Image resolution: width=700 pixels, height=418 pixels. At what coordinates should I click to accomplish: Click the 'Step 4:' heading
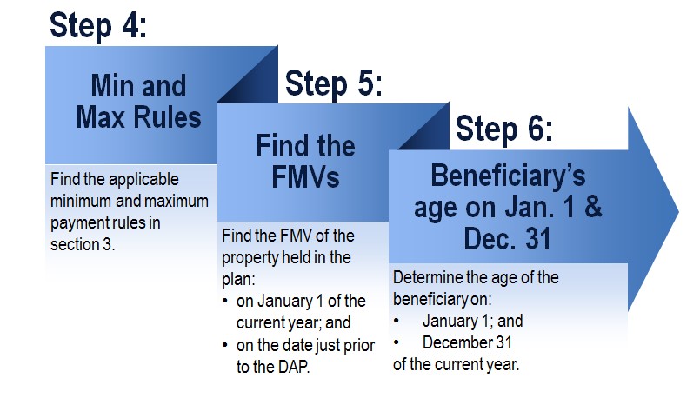tap(98, 26)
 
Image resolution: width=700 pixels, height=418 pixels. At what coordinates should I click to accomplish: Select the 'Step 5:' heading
tap(334, 83)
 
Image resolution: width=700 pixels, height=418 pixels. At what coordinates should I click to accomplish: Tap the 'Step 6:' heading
tap(504, 129)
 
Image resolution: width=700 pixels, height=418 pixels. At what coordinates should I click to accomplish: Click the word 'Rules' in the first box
tap(168, 117)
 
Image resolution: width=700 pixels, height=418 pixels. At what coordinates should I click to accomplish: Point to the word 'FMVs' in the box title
tap(305, 177)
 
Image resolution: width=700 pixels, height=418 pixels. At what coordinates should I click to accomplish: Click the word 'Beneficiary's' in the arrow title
tap(508, 176)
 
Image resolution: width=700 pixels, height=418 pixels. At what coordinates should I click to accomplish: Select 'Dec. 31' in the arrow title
tap(507, 238)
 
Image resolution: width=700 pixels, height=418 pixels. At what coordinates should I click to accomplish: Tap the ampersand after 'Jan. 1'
tap(593, 207)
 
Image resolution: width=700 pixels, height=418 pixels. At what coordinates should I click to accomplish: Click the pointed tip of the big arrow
tap(678, 212)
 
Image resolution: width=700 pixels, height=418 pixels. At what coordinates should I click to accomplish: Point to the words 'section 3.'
tap(83, 244)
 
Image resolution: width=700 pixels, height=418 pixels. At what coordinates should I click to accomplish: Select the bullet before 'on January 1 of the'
tap(225, 301)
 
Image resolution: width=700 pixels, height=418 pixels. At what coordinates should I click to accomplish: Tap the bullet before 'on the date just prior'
tap(225, 345)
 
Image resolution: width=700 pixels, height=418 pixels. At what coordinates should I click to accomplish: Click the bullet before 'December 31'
tap(396, 342)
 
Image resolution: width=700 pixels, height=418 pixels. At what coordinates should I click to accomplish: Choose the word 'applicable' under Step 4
tap(143, 180)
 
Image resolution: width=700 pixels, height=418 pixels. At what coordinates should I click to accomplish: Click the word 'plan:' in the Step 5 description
tap(238, 280)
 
